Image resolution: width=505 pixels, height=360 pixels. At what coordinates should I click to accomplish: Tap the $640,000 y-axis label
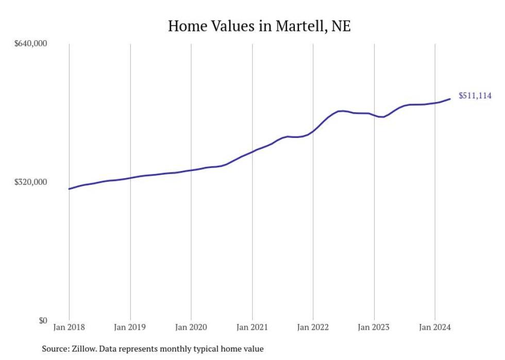(30, 43)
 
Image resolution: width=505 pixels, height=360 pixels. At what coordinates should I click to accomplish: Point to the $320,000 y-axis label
(30, 182)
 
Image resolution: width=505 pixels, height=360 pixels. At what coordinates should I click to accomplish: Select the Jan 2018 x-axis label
(69, 327)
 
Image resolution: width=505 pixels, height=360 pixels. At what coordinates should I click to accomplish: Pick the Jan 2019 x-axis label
(130, 327)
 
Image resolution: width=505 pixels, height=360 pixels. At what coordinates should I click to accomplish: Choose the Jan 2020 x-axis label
(191, 327)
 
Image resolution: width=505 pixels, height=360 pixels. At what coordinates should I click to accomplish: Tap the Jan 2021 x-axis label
(252, 327)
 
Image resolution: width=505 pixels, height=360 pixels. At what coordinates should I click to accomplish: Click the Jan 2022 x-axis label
(313, 327)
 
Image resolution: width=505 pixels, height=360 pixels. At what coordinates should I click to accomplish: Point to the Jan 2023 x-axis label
(374, 327)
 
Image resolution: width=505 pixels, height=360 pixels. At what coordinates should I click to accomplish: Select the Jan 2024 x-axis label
(435, 327)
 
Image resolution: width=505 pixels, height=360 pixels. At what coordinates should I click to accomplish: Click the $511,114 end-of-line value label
(475, 96)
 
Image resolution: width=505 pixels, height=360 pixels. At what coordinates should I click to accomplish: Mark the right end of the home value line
(450, 99)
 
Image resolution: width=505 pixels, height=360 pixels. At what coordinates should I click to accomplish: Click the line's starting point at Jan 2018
(69, 189)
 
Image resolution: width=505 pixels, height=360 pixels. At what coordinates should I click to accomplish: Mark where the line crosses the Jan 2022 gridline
(313, 131)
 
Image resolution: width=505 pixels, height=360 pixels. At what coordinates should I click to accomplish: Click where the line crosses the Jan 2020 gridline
(191, 170)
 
